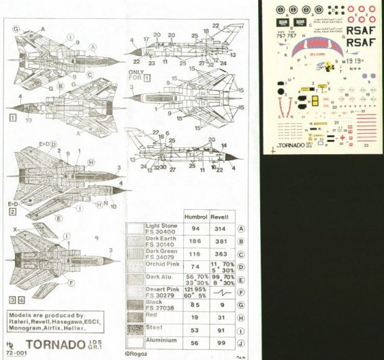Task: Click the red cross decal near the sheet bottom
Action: [x=346, y=137]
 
